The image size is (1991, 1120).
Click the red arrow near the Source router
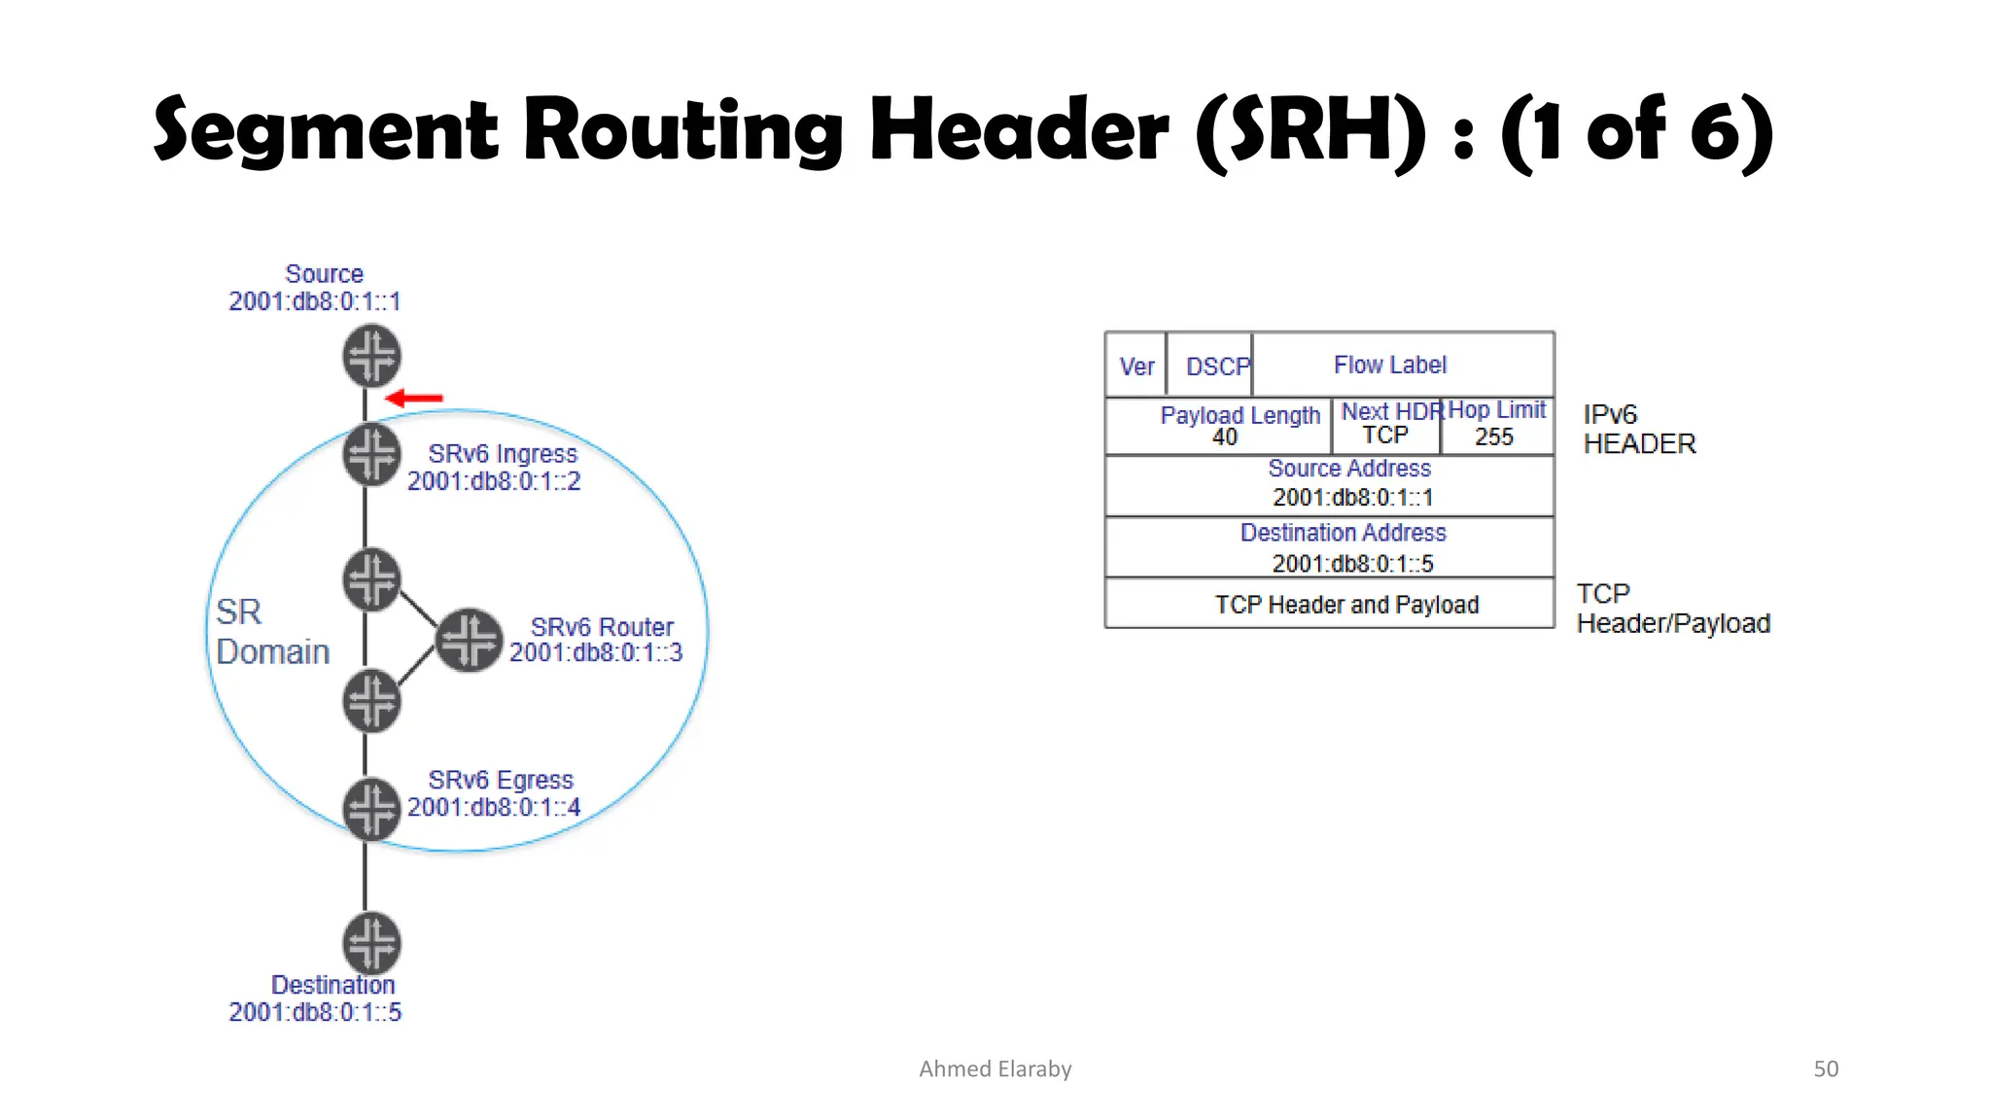click(x=415, y=398)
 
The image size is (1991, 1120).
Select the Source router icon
click(x=371, y=356)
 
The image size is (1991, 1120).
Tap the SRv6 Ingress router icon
click(x=371, y=454)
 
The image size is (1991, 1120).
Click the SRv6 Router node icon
click(x=470, y=641)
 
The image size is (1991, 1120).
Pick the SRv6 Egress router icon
click(x=371, y=808)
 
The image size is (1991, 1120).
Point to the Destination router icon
click(x=371, y=942)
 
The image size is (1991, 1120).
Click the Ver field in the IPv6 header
click(x=1136, y=367)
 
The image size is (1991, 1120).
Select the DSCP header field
click(x=1217, y=367)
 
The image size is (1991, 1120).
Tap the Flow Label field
click(x=1390, y=365)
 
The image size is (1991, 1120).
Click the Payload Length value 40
click(x=1225, y=437)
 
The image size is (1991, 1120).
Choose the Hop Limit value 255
click(x=1494, y=437)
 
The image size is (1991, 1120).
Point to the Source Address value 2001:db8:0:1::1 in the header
click(x=1352, y=498)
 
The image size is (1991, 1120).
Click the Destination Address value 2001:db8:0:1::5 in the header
click(x=1352, y=564)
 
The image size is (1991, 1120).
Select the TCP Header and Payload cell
click(x=1346, y=605)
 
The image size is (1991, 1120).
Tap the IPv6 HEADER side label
click(x=1639, y=429)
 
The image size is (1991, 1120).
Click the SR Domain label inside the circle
click(x=272, y=632)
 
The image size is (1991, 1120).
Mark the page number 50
click(x=1826, y=1068)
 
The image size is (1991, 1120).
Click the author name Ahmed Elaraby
click(x=995, y=1068)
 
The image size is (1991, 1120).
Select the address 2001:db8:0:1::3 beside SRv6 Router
click(x=596, y=652)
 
